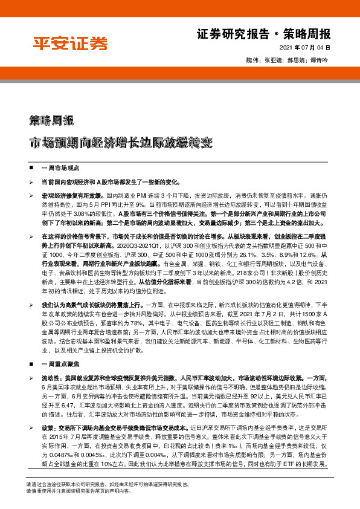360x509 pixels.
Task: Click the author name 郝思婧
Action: [295, 61]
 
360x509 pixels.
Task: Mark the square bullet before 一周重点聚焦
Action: [31, 365]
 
